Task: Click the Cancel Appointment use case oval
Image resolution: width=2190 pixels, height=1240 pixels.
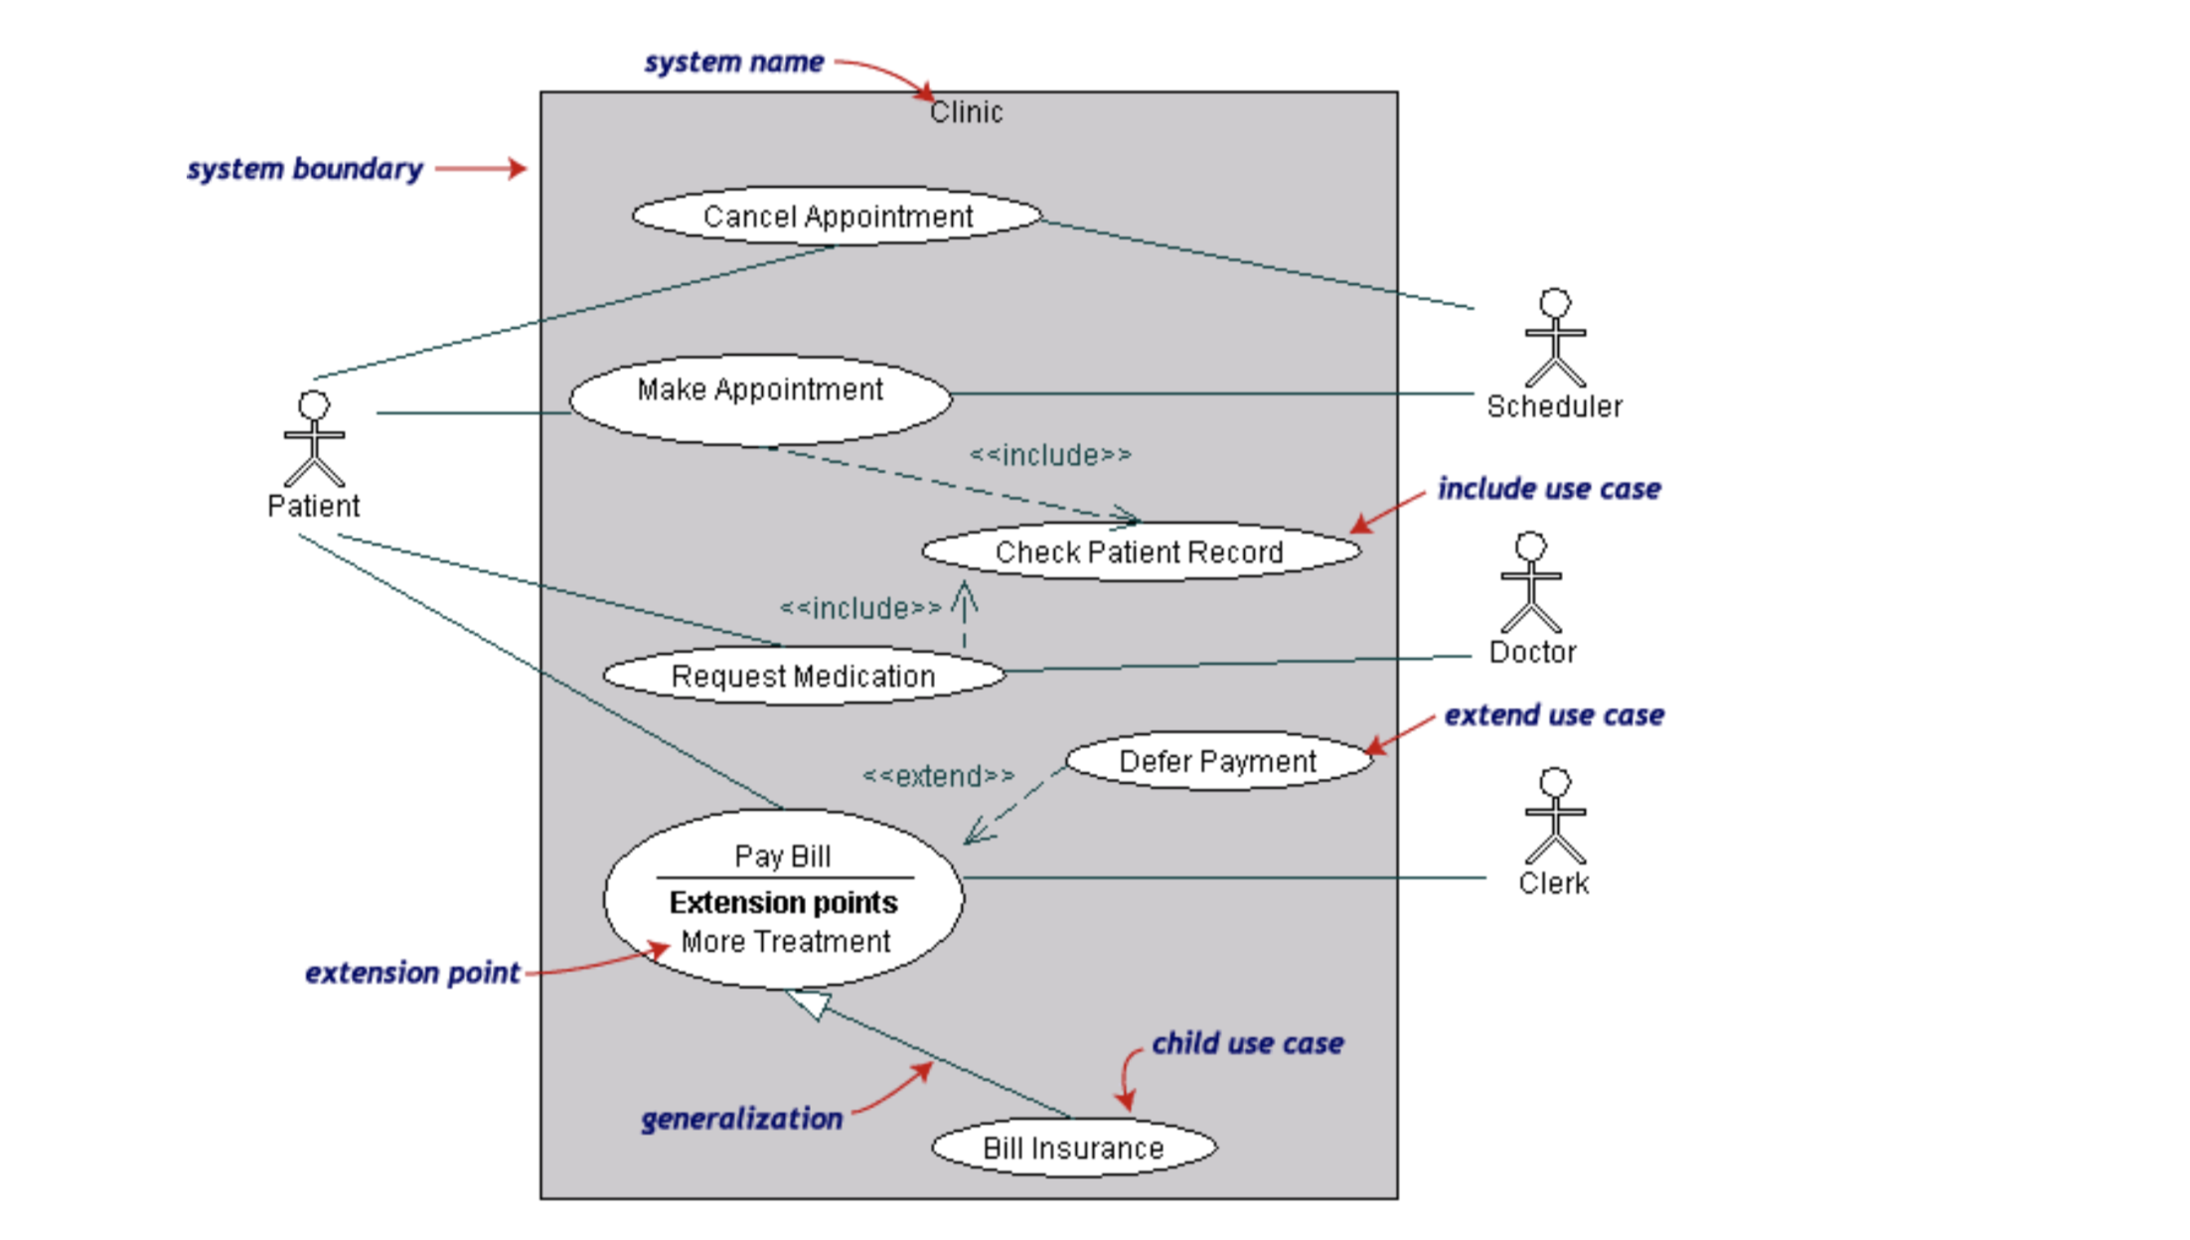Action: (x=837, y=216)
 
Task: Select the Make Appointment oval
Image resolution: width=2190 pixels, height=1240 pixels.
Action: (x=760, y=398)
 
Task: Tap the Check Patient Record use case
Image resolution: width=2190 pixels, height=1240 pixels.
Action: (x=1141, y=551)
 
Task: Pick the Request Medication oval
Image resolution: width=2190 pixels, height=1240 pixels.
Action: (x=804, y=676)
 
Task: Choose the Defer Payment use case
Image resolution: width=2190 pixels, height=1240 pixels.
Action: (x=1218, y=761)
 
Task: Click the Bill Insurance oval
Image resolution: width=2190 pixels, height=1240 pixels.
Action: (x=1073, y=1148)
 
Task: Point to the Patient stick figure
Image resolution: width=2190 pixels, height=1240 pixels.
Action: (x=314, y=439)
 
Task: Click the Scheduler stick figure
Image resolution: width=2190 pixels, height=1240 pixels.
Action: (x=1555, y=338)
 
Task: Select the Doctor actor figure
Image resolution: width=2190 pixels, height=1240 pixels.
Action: (x=1530, y=582)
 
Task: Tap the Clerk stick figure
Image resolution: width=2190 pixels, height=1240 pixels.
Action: (x=1555, y=816)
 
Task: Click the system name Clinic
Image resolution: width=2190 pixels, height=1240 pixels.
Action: (x=966, y=112)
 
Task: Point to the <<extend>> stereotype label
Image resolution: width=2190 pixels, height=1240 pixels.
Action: (x=938, y=776)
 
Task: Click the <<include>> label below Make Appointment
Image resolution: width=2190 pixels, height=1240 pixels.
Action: (x=1050, y=455)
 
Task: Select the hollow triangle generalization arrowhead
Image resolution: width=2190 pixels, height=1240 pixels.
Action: (x=810, y=1004)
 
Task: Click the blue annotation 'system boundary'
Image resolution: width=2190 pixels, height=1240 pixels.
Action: (x=305, y=169)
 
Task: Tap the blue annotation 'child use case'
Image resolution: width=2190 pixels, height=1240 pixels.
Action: (x=1247, y=1043)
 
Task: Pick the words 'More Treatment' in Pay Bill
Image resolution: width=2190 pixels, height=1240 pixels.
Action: (x=785, y=941)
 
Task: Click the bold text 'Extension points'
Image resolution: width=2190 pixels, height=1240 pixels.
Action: (x=783, y=902)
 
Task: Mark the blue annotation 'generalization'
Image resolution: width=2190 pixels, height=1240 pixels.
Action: (x=741, y=1119)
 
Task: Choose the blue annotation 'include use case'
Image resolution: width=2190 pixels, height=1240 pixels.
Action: (x=1549, y=489)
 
